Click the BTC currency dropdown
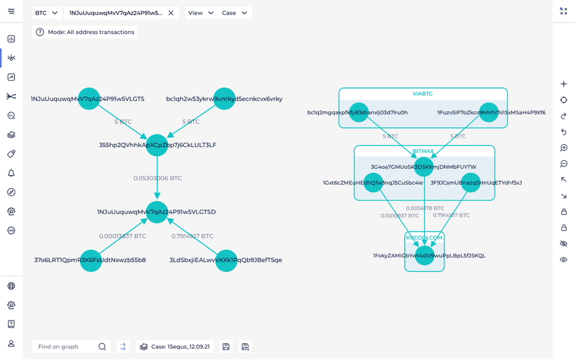47,13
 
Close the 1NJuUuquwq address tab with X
171,13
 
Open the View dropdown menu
201,13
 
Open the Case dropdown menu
234,13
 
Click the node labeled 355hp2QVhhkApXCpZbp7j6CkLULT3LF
157,145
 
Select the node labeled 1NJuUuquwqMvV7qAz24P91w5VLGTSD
157,212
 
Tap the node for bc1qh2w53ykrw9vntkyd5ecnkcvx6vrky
224,99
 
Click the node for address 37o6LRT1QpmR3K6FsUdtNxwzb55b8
90,261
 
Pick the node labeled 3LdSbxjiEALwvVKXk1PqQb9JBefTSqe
226,261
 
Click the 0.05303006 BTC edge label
158,179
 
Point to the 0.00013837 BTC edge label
122,236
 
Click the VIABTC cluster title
422,93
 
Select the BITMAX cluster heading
423,152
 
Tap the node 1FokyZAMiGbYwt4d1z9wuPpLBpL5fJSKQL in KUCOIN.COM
424,256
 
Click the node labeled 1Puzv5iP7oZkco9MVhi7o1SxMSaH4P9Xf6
489,112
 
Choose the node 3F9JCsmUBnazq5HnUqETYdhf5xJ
471,183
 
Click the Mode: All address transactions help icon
40,32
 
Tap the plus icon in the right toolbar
564,84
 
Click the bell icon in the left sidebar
11,173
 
